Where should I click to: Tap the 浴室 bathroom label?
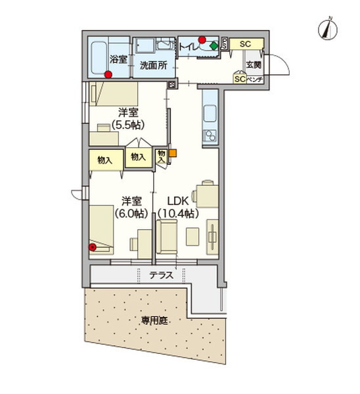(118, 56)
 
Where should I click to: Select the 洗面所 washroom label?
(152, 66)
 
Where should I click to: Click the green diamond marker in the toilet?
(214, 46)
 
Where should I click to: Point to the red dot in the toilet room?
(202, 39)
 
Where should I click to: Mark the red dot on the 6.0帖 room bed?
(93, 248)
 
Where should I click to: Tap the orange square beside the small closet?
(173, 154)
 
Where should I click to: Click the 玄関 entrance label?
(254, 64)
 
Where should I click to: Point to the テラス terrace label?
(161, 275)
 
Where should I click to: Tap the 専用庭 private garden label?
(155, 321)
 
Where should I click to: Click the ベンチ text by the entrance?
(255, 79)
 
